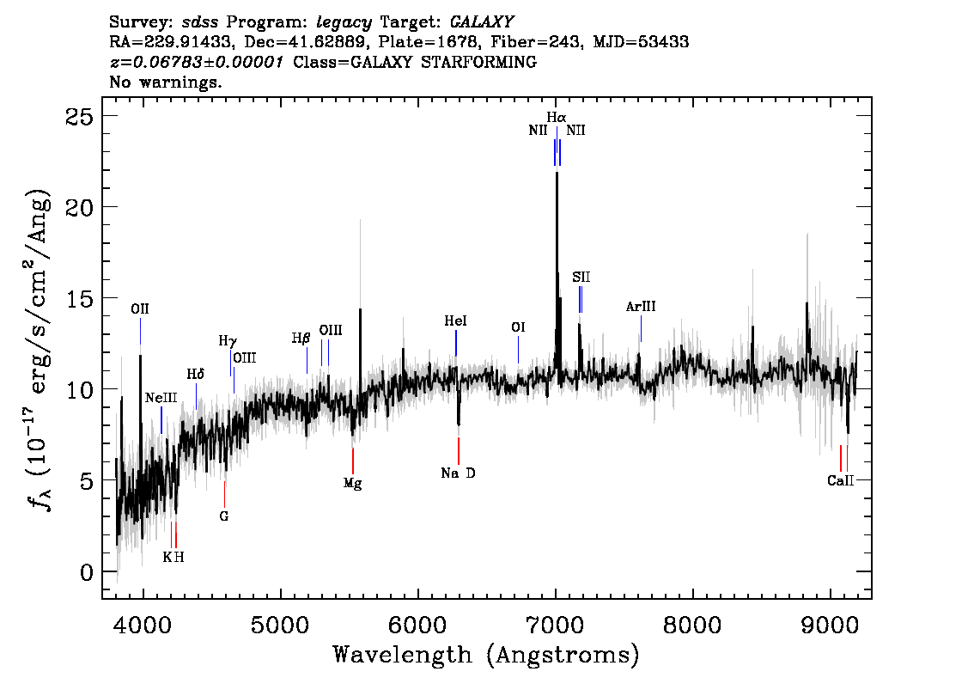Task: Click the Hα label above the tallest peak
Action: [557, 117]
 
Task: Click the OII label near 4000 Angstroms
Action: [140, 308]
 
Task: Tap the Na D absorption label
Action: [458, 473]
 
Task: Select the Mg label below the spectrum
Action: [352, 483]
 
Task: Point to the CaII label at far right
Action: [841, 480]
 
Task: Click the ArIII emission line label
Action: [641, 307]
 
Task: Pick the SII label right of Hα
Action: [581, 277]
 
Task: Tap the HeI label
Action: [455, 321]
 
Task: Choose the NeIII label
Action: [161, 398]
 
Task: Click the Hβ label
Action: [301, 339]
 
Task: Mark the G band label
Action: [224, 516]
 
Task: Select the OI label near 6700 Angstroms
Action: [518, 327]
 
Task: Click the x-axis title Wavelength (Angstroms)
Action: [486, 655]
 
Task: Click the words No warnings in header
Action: [166, 82]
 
